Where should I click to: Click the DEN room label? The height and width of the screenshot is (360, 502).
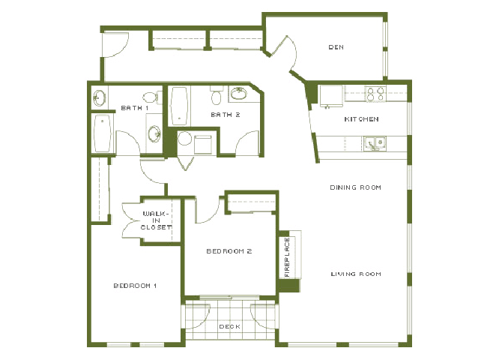pos(336,47)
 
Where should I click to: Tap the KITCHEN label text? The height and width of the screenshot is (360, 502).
pos(361,119)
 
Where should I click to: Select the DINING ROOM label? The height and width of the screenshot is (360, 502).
pos(356,187)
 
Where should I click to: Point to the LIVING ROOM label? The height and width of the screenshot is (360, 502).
pos(356,274)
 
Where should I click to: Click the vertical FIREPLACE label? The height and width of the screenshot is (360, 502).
pos(286,257)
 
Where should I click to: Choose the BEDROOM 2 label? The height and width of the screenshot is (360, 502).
pos(229,251)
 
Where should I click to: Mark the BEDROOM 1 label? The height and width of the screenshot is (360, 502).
pos(135,286)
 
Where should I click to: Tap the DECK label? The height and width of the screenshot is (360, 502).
pos(229,327)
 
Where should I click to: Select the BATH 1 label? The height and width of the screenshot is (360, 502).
pos(136,109)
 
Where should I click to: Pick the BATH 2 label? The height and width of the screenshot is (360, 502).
pos(225,115)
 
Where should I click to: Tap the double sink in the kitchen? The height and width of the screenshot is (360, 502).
pos(374,142)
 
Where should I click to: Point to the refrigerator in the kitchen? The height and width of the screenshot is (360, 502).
pos(330,95)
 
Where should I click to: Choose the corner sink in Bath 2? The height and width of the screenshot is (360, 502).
pos(238,94)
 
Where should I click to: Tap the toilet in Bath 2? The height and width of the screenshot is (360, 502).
pos(217,96)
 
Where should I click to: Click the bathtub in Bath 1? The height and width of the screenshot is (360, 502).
pos(103,133)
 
